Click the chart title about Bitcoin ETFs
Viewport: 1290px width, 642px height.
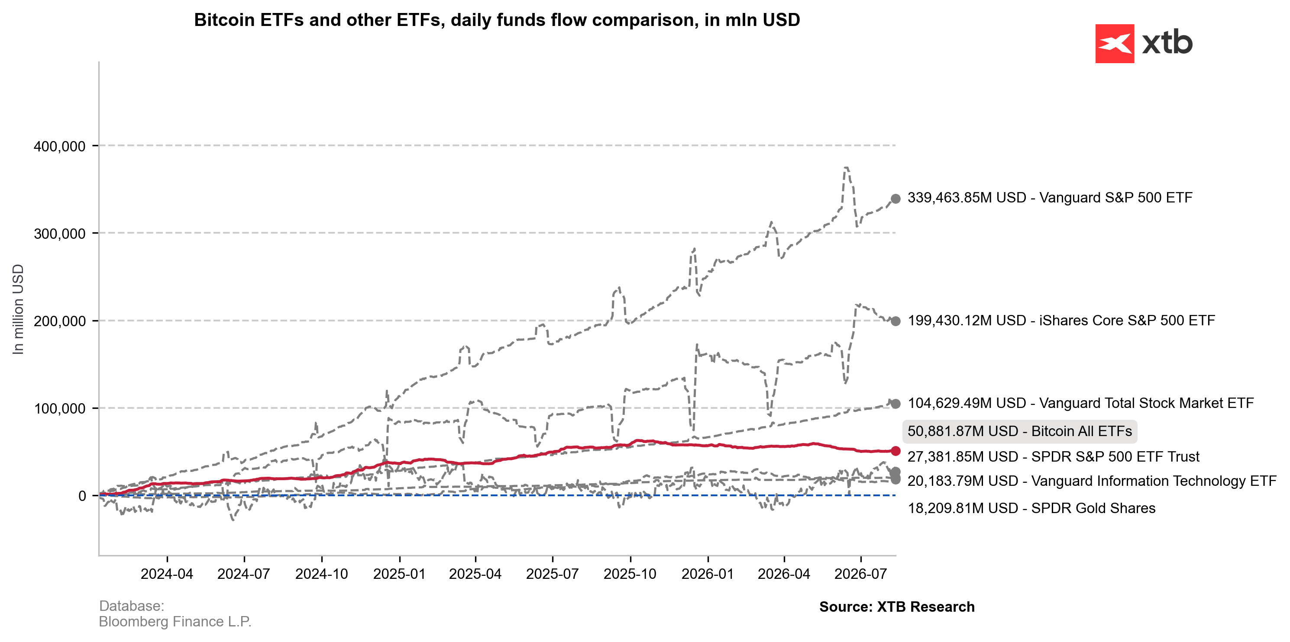497,20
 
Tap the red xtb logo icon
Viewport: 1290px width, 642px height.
1115,44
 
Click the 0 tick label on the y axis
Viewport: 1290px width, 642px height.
82,496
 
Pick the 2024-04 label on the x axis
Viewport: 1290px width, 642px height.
167,574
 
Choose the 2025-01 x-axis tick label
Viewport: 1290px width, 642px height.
399,574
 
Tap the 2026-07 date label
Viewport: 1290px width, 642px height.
860,574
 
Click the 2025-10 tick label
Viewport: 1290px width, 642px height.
630,574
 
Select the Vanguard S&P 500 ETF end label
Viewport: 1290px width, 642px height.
1050,198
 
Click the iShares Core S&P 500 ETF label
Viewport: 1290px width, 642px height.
1061,320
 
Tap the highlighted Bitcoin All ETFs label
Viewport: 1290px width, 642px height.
1020,431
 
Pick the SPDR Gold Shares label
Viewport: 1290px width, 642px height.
1031,508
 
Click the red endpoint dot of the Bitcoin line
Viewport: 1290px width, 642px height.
896,451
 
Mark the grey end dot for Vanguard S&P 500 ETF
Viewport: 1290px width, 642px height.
896,199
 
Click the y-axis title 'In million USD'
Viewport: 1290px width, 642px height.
18,309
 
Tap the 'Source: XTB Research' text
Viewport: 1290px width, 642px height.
897,607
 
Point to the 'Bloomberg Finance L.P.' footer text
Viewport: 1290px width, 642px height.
175,622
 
